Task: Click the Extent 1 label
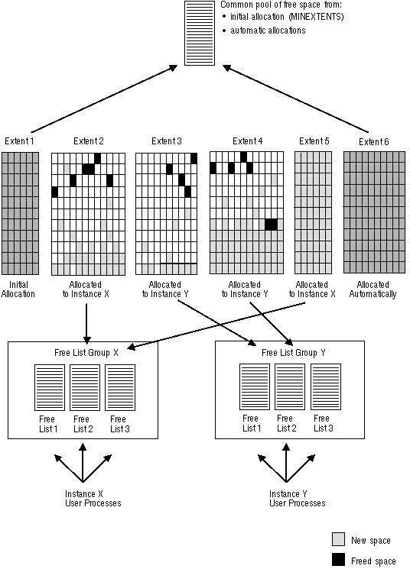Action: point(19,141)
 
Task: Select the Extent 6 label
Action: point(373,142)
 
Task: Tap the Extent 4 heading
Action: point(248,141)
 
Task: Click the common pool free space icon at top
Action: point(200,33)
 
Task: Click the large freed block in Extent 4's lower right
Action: point(271,225)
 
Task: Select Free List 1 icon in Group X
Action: point(50,387)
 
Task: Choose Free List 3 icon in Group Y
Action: point(326,386)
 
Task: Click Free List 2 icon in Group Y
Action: point(290,386)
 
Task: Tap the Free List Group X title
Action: point(86,353)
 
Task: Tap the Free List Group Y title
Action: point(294,353)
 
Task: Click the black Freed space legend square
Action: point(338,560)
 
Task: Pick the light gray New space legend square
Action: point(338,540)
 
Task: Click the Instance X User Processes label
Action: point(93,499)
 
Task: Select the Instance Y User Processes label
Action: point(298,499)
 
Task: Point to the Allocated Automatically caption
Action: point(373,289)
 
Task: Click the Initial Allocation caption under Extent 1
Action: point(18,289)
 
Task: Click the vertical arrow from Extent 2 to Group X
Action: point(86,324)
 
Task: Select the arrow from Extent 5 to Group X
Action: point(216,326)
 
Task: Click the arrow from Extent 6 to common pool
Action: point(295,99)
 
